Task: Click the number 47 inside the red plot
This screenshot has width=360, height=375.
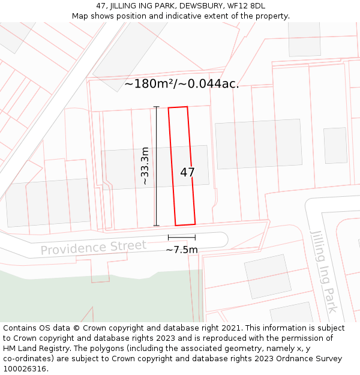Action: pos(187,172)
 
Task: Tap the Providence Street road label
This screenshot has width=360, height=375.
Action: pos(93,247)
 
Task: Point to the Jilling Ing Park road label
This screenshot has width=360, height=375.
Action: pos(323,271)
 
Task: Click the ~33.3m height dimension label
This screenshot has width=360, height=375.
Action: pos(145,166)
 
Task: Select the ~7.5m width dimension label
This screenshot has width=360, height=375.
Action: pos(182,250)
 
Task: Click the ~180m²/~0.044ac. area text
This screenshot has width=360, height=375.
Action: pos(181,84)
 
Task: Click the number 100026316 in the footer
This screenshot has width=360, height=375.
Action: pos(25,369)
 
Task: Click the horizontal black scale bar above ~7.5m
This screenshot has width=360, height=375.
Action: pos(182,238)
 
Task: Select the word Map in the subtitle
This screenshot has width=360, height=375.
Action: pos(80,16)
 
